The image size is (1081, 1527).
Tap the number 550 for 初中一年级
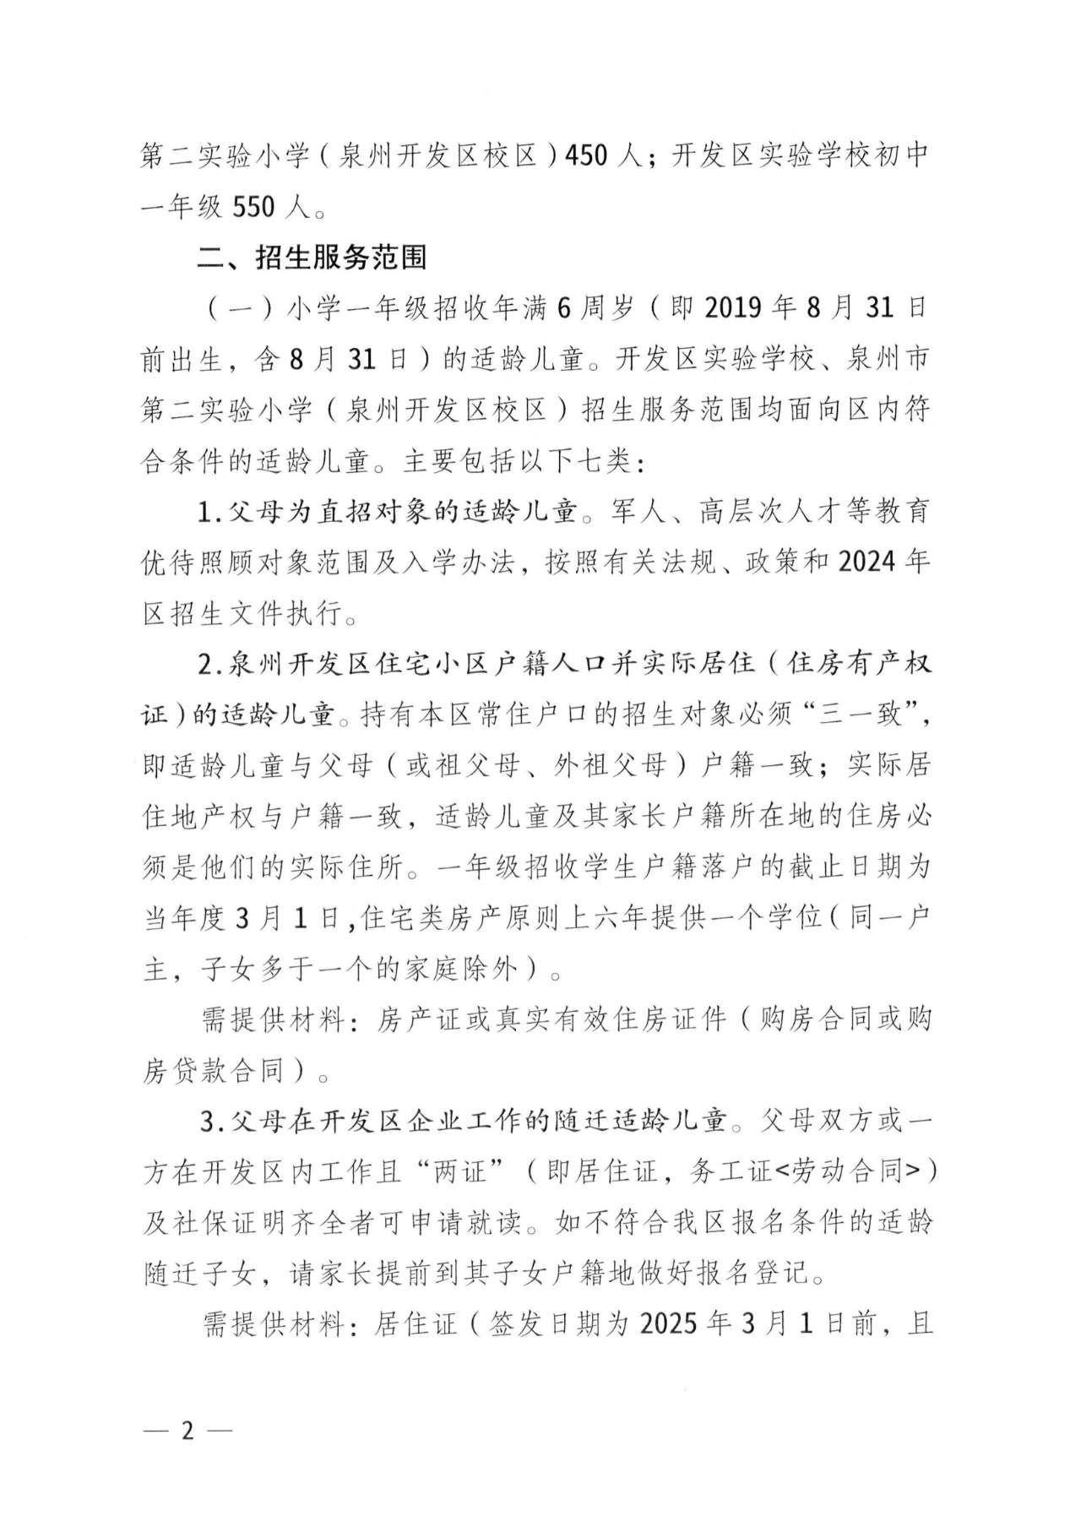253,207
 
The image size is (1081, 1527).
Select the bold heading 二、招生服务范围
312,257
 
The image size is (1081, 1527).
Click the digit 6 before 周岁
565,308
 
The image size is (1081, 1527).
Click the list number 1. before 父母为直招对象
207,512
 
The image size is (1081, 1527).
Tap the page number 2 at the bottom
187,1431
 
